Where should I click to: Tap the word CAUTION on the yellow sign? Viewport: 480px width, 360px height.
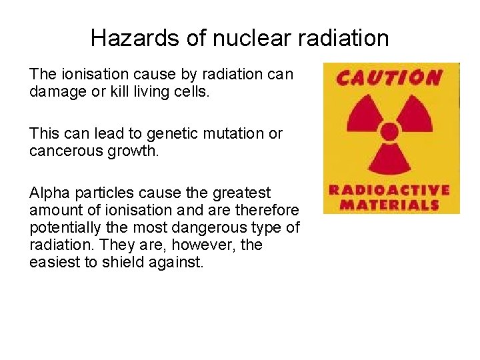tap(389, 78)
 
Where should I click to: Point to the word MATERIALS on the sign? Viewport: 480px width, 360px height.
tap(389, 204)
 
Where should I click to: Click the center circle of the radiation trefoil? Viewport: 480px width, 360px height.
tap(389, 131)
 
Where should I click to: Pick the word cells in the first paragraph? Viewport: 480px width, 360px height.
tap(193, 91)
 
